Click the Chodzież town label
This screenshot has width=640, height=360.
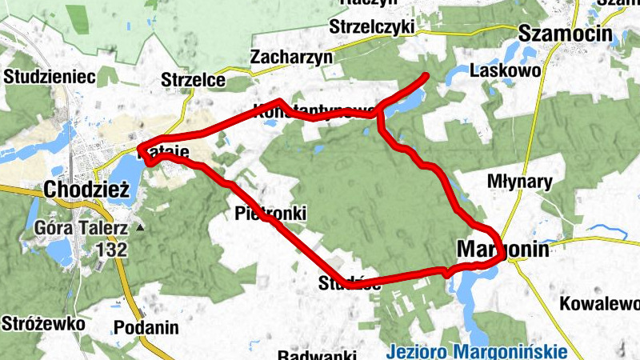click(x=86, y=190)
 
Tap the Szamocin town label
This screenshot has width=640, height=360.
click(x=565, y=34)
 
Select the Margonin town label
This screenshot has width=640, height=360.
click(x=503, y=250)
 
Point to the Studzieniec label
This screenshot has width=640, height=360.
click(x=50, y=77)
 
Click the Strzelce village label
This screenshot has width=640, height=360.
click(x=194, y=80)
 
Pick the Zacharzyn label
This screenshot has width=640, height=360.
click(x=290, y=58)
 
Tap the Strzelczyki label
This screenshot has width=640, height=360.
click(x=371, y=27)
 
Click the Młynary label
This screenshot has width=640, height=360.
click(x=520, y=182)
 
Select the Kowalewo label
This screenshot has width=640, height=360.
click(x=600, y=304)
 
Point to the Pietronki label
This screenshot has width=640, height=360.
click(x=271, y=213)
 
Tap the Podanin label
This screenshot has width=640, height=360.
click(x=146, y=327)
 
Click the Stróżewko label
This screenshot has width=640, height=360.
click(x=44, y=325)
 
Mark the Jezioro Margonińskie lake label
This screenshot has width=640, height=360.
click(x=476, y=351)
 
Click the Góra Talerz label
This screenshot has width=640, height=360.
click(x=82, y=228)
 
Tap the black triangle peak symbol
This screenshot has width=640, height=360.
click(x=141, y=228)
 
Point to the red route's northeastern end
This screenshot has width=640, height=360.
click(x=426, y=76)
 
